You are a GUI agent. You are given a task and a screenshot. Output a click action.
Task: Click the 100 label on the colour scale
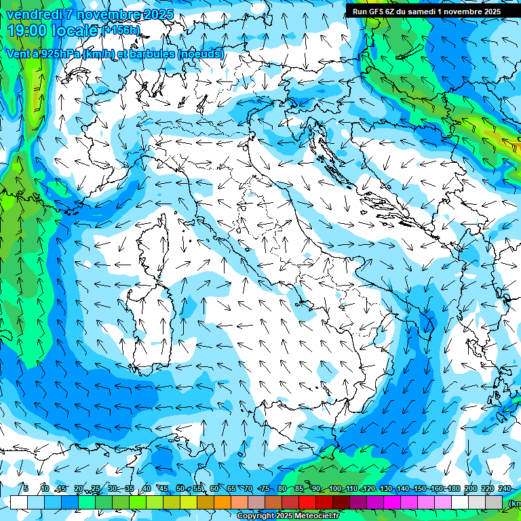[x=335, y=488]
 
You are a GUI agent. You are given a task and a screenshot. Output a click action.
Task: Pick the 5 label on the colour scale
[x=26, y=488]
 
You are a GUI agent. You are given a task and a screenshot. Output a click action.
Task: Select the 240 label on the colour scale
[x=505, y=488]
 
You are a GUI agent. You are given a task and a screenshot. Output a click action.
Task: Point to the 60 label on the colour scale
[x=214, y=488]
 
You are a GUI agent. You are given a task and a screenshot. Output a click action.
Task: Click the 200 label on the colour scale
[x=471, y=488]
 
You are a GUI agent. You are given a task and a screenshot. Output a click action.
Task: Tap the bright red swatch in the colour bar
[x=307, y=502]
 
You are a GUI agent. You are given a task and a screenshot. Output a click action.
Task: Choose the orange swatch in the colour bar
[x=223, y=502]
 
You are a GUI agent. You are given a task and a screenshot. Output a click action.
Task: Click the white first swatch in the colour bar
[x=19, y=502]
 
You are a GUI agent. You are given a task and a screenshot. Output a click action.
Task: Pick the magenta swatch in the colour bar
[x=392, y=502]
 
